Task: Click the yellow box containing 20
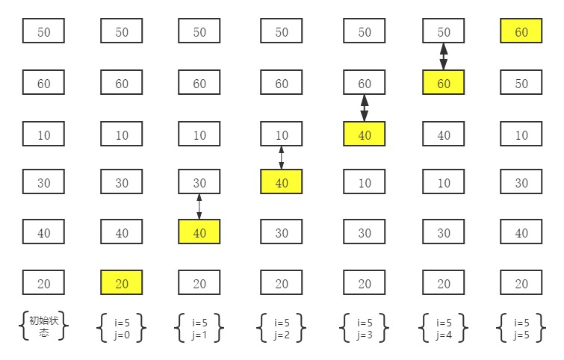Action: coord(122,283)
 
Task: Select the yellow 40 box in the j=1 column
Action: coord(199,232)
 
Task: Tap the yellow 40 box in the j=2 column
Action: coord(282,182)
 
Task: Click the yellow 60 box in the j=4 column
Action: coord(444,82)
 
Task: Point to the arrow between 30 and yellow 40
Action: coord(199,207)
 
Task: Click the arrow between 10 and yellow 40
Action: coord(282,158)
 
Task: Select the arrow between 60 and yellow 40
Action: coord(365,108)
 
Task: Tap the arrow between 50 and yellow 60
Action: coord(444,57)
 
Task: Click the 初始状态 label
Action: coord(43,327)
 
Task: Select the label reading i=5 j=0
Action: coord(122,328)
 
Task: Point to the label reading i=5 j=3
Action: coord(365,328)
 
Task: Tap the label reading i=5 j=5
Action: coord(521,328)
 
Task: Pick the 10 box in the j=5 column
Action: coord(521,134)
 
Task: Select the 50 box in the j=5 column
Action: coord(521,82)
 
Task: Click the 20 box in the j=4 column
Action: coord(444,283)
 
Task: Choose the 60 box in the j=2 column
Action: coord(282,82)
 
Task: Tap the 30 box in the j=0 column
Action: coord(122,182)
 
